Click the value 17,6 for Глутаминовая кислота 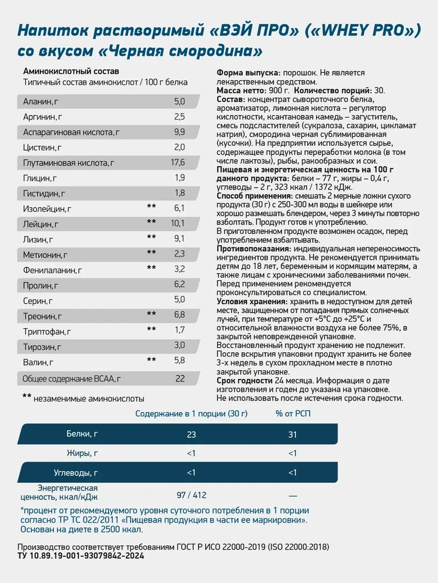tap(178, 162)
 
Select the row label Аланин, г tap(41, 101)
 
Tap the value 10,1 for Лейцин tap(178, 223)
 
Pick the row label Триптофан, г tap(47, 331)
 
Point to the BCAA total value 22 tap(180, 378)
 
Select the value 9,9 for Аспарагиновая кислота tap(179, 132)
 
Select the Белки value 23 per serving tap(192, 434)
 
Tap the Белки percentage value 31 tap(293, 434)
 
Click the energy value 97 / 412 tap(192, 495)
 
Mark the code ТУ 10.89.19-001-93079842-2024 tap(81, 556)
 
